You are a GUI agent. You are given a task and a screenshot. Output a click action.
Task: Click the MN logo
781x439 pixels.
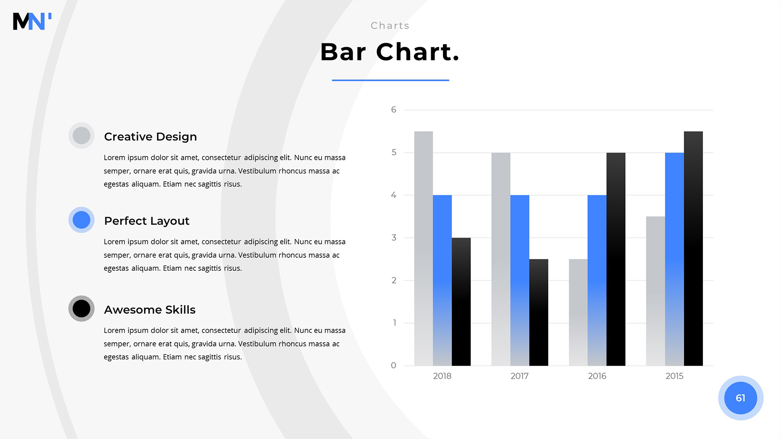pos(32,21)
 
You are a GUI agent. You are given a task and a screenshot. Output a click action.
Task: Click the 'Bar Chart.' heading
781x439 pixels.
pos(390,52)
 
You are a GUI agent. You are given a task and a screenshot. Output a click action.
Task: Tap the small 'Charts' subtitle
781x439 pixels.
pos(390,26)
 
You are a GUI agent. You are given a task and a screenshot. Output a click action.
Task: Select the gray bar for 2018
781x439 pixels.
pos(423,248)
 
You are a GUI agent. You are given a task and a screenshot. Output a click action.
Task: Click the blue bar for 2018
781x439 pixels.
pos(442,280)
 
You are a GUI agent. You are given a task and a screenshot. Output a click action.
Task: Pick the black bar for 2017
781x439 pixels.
pos(539,312)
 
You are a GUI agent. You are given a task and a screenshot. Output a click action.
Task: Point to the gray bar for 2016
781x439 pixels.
pos(578,312)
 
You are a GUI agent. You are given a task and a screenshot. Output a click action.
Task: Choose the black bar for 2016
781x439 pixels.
pos(616,259)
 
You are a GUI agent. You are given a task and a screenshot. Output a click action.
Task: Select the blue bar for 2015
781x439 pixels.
pos(674,259)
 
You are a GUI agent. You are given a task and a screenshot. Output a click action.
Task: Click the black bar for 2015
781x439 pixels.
pos(694,248)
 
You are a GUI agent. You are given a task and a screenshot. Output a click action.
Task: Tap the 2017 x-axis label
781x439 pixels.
pos(519,376)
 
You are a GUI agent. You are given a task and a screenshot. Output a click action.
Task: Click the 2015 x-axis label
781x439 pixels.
pos(674,376)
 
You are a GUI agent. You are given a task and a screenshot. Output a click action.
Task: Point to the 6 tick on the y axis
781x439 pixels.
pos(394,110)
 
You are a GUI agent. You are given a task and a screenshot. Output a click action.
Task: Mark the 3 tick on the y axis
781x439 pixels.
pos(394,237)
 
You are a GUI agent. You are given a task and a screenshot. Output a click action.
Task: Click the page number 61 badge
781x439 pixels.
pos(741,398)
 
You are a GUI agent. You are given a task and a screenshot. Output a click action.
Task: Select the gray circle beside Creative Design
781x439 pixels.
pos(81,135)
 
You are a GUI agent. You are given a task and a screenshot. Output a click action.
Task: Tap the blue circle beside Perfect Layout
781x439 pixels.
pos(81,220)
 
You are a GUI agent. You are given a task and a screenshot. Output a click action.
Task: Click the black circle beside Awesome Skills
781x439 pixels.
pos(81,309)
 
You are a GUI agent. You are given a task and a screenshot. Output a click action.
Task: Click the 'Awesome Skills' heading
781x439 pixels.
pos(150,310)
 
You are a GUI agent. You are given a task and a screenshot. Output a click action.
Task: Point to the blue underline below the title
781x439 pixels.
pos(390,80)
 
